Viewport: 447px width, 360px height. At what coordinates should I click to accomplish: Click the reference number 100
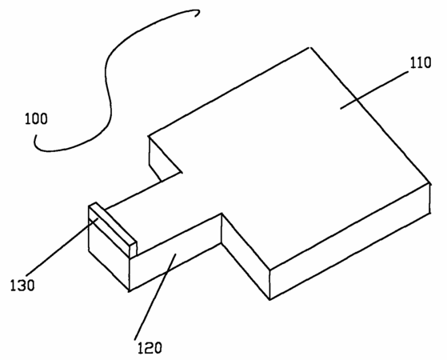click(x=36, y=118)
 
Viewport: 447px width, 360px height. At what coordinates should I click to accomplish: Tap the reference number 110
click(x=421, y=62)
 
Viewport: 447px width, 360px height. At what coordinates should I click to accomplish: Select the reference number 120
click(x=150, y=348)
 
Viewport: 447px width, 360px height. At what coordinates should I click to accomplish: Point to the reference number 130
click(x=22, y=285)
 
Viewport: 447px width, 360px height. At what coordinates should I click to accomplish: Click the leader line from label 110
click(x=374, y=90)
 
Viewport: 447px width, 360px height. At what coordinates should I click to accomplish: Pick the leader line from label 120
click(x=155, y=296)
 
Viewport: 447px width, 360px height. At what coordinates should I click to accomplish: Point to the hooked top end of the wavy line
click(x=197, y=14)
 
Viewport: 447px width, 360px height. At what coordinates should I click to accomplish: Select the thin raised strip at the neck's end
click(x=113, y=228)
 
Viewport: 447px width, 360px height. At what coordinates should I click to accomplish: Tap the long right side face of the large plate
click(x=349, y=241)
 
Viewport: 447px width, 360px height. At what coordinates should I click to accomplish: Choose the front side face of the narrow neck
click(x=175, y=252)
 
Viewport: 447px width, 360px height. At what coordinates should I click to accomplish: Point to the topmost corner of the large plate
click(x=310, y=48)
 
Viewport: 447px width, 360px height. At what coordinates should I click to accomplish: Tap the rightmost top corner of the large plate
click(x=429, y=183)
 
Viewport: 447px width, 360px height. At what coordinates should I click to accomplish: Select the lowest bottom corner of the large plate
click(x=269, y=299)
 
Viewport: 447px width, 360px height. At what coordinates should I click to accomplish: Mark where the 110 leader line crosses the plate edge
click(x=357, y=99)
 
